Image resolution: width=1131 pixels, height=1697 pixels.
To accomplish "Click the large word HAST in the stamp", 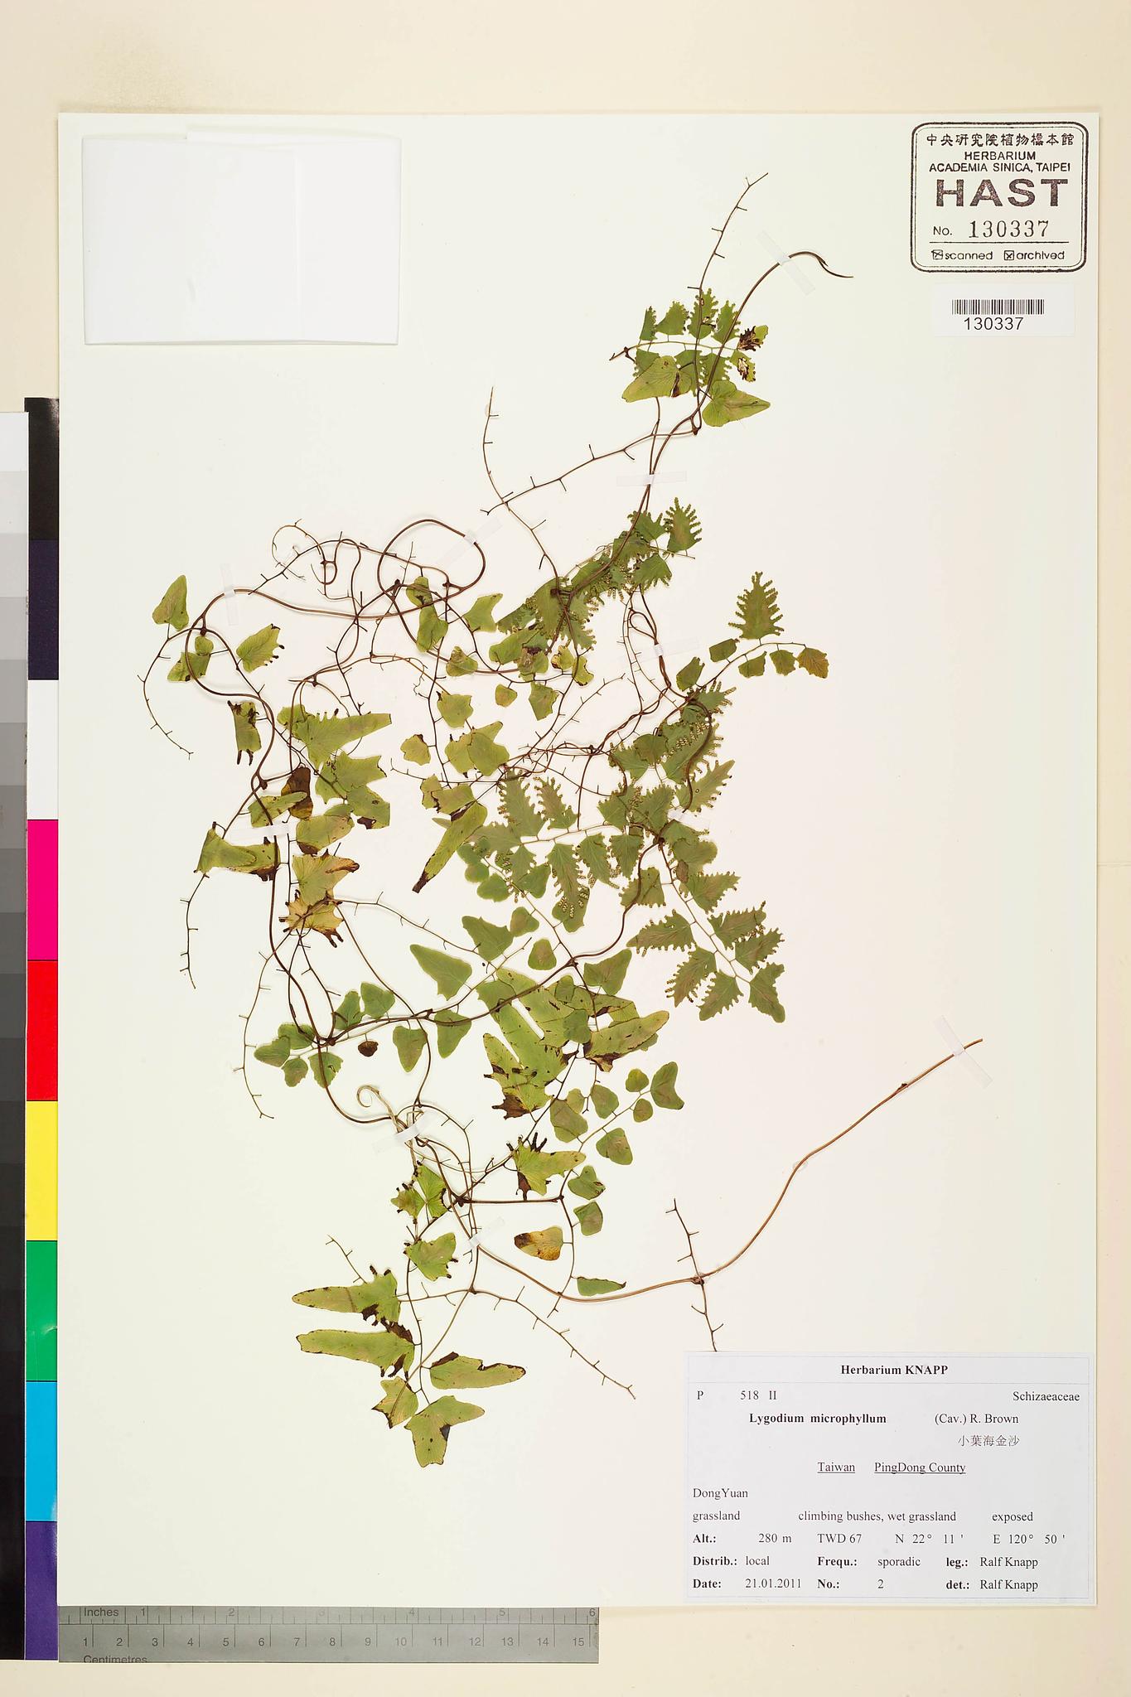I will pos(1000,193).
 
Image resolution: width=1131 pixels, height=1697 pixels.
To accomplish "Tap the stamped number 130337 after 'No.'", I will pos(1008,230).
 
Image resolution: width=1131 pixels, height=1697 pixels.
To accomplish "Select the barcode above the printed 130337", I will pos(997,307).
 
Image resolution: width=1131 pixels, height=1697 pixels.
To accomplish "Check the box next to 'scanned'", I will pos(937,255).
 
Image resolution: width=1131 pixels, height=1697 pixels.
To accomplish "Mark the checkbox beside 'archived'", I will pos(1008,255).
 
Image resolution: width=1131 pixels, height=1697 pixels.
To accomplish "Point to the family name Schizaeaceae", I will pos(1045,1395).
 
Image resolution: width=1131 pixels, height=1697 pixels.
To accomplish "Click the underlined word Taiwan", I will pos(835,1467).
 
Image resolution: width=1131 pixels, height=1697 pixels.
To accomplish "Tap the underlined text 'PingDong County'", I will pos(919,1467).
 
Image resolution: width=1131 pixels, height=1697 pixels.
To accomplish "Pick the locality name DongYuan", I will pos(720,1493).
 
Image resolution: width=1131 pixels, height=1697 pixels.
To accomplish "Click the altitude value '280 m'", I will pos(774,1539).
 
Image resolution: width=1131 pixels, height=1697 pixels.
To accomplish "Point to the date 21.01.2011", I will pos(772,1583).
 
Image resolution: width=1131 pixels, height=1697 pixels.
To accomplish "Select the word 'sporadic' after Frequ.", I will pos(898,1561).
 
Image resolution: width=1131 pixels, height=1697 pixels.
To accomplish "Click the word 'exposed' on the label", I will pos(1012,1516).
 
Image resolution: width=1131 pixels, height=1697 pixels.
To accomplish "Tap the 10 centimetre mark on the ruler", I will pos(401,1641).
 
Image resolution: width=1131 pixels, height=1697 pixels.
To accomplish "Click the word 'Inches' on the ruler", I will pos(101,1612).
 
